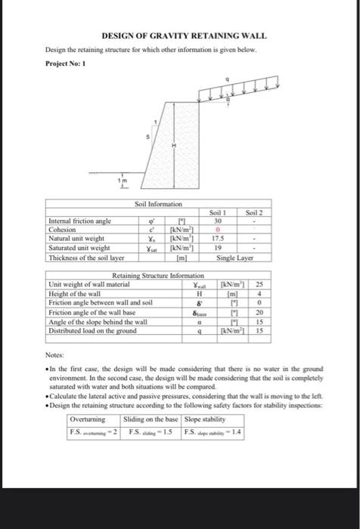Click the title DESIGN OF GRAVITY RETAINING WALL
point(185,36)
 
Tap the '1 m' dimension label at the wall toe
point(120,182)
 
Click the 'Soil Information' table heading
point(160,204)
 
